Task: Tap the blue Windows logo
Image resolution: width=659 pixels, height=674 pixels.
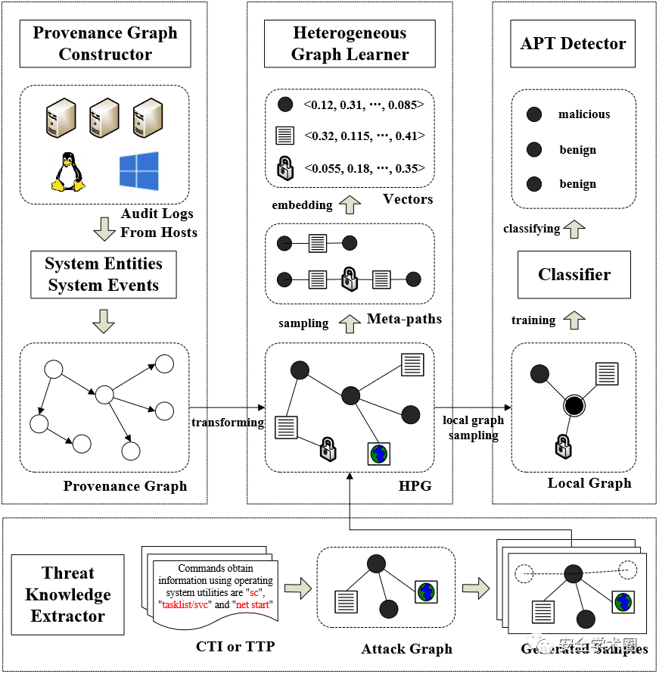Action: [x=138, y=171]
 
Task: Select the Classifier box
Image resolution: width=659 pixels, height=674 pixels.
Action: [x=574, y=274]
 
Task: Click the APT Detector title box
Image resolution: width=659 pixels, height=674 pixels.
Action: [x=573, y=43]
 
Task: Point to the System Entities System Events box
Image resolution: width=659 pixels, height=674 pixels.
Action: [x=103, y=274]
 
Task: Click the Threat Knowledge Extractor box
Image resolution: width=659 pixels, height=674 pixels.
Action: [x=67, y=594]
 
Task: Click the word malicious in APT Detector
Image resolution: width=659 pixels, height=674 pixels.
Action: [x=584, y=114]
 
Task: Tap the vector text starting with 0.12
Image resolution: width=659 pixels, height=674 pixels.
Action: [x=364, y=105]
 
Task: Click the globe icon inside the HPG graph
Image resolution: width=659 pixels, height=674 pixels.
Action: [x=378, y=453]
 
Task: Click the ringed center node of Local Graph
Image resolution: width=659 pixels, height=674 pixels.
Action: [x=574, y=406]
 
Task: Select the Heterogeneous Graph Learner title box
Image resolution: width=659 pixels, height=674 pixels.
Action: [x=350, y=43]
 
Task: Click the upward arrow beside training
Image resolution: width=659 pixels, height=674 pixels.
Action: [x=574, y=319]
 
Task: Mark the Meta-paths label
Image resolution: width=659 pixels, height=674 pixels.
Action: [x=404, y=319]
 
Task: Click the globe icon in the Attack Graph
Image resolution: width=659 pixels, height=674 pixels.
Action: [x=426, y=592]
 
